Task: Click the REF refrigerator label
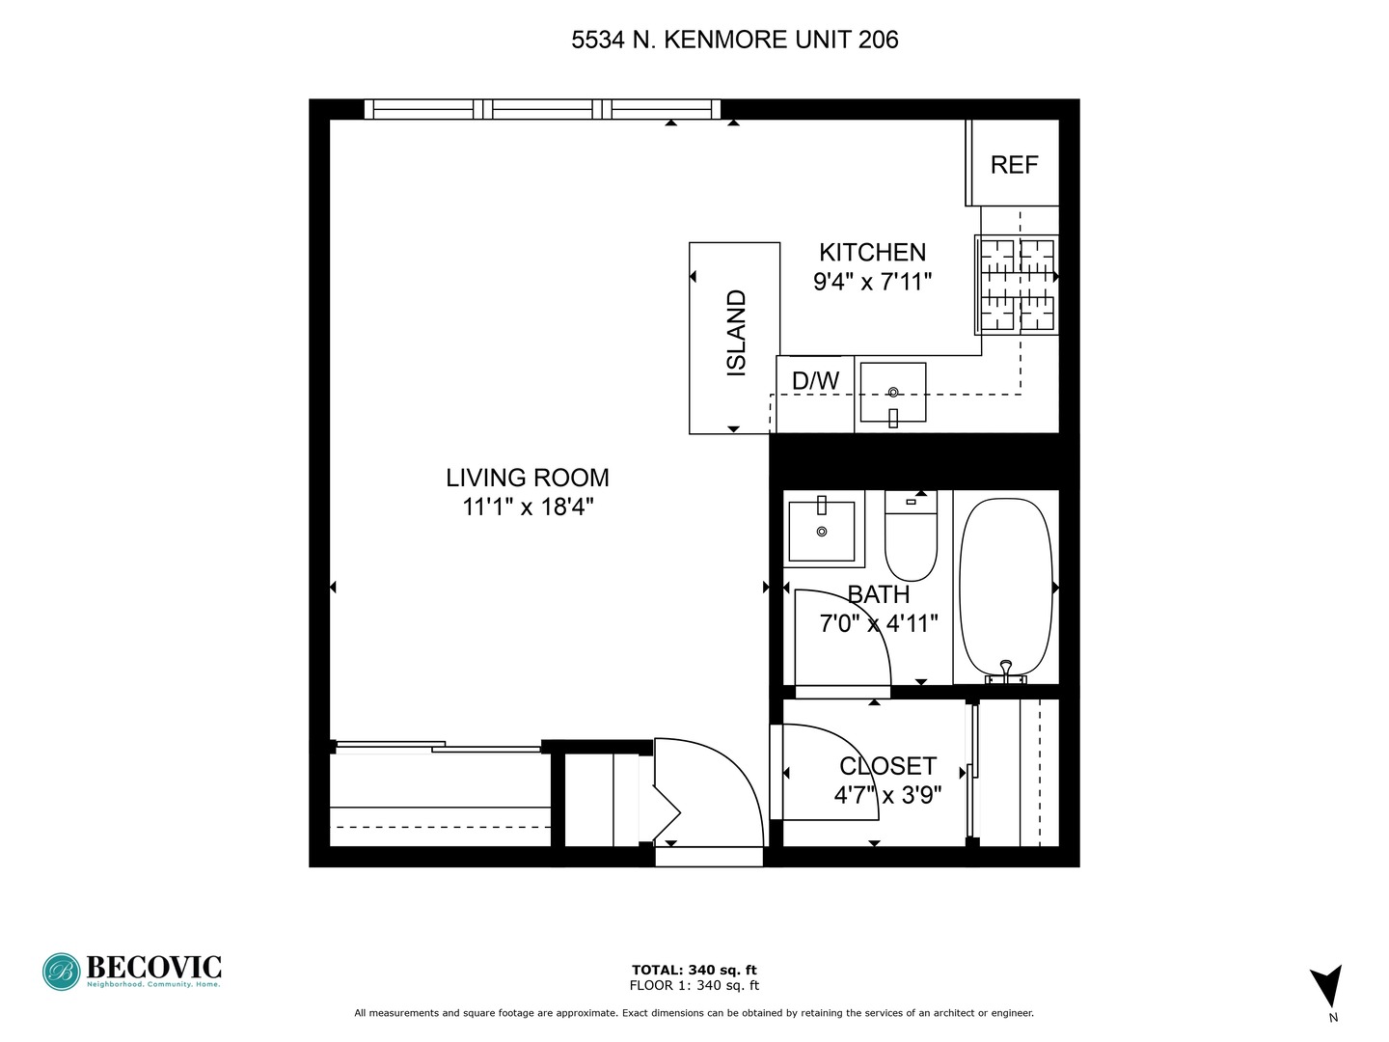click(x=1014, y=165)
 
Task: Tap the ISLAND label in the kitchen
click(x=736, y=333)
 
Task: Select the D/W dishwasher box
click(x=815, y=381)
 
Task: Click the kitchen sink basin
click(x=892, y=393)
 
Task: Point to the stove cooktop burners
click(x=1018, y=285)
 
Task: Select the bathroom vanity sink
click(x=821, y=531)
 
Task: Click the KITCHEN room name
click(x=872, y=253)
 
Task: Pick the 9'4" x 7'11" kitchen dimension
click(x=872, y=282)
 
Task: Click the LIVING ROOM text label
click(x=528, y=478)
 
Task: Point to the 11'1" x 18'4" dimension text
click(x=528, y=507)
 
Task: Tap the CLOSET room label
click(x=887, y=766)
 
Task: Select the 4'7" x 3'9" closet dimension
click(x=887, y=795)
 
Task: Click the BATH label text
click(x=878, y=595)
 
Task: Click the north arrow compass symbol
click(x=1326, y=987)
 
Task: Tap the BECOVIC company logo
click(x=132, y=971)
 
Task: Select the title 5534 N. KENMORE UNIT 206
click(x=735, y=40)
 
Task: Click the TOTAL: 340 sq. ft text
click(x=694, y=970)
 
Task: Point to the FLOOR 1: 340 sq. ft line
click(x=694, y=985)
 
